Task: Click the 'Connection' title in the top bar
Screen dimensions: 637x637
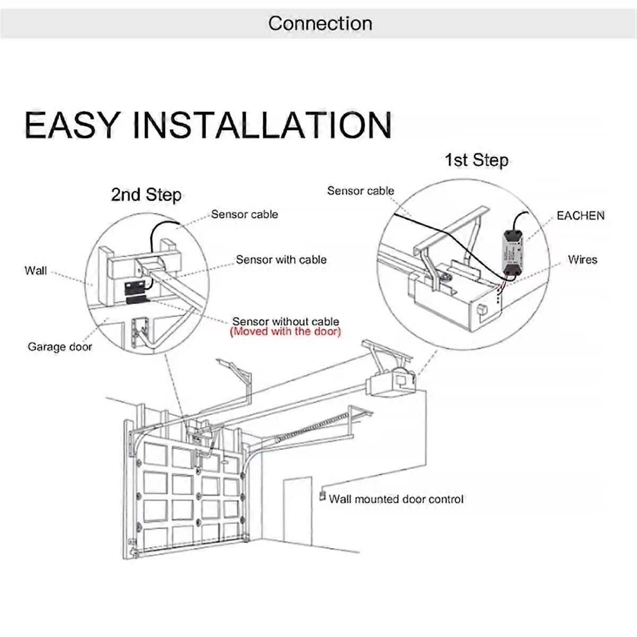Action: [320, 23]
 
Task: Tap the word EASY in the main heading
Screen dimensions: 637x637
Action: [72, 125]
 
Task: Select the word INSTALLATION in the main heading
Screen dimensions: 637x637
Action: [262, 125]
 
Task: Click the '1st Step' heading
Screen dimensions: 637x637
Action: [476, 160]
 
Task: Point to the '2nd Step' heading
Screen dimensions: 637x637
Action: [146, 195]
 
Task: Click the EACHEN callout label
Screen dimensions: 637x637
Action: [580, 216]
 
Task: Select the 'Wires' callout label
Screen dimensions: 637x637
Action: [582, 260]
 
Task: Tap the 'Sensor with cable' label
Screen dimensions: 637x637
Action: [281, 260]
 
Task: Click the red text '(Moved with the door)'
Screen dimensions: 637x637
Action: [286, 332]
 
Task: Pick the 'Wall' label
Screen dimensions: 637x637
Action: [36, 271]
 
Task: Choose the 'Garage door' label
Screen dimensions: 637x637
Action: [59, 347]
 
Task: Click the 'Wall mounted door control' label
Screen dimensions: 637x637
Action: [396, 499]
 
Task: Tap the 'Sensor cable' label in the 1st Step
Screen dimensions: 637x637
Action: [360, 191]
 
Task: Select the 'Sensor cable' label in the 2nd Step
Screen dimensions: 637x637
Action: [244, 214]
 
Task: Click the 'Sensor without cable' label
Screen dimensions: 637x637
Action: [286, 321]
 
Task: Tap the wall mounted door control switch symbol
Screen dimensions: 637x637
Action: [321, 497]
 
